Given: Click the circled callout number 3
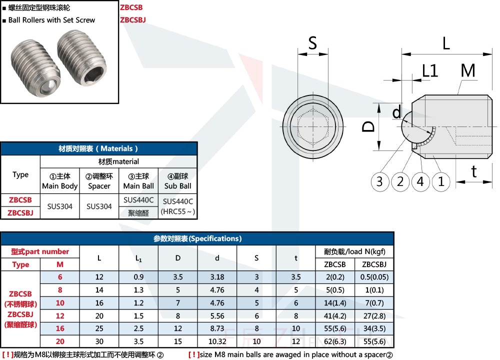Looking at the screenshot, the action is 380,182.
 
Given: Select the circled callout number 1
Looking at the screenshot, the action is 441,182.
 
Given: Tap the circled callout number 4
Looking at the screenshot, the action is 420,182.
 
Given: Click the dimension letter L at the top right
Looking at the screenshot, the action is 446,43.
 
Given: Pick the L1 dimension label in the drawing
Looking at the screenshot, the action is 430,70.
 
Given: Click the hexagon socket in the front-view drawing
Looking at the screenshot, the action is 313,127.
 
